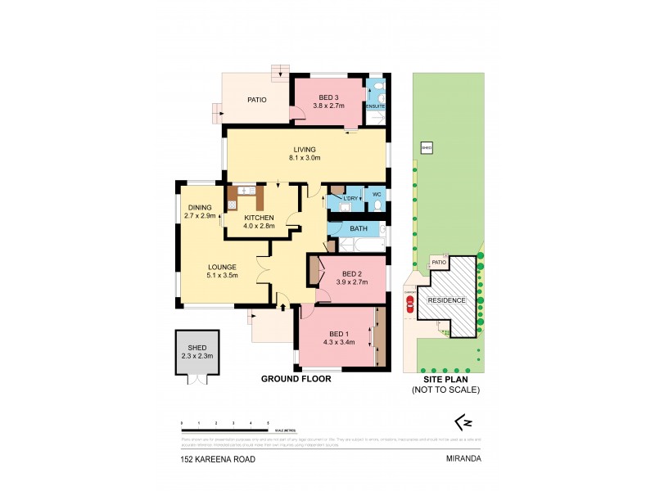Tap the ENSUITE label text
point(375,106)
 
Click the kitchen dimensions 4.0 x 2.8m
point(258,227)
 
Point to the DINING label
point(200,207)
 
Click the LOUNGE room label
point(222,267)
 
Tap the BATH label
point(359,229)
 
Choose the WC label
point(377,194)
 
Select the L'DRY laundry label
point(350,199)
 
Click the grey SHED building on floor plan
point(197,352)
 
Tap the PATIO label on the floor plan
point(258,101)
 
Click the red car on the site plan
point(409,304)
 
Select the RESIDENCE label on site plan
point(447,300)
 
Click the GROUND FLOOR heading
point(296,379)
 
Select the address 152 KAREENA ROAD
point(218,459)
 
